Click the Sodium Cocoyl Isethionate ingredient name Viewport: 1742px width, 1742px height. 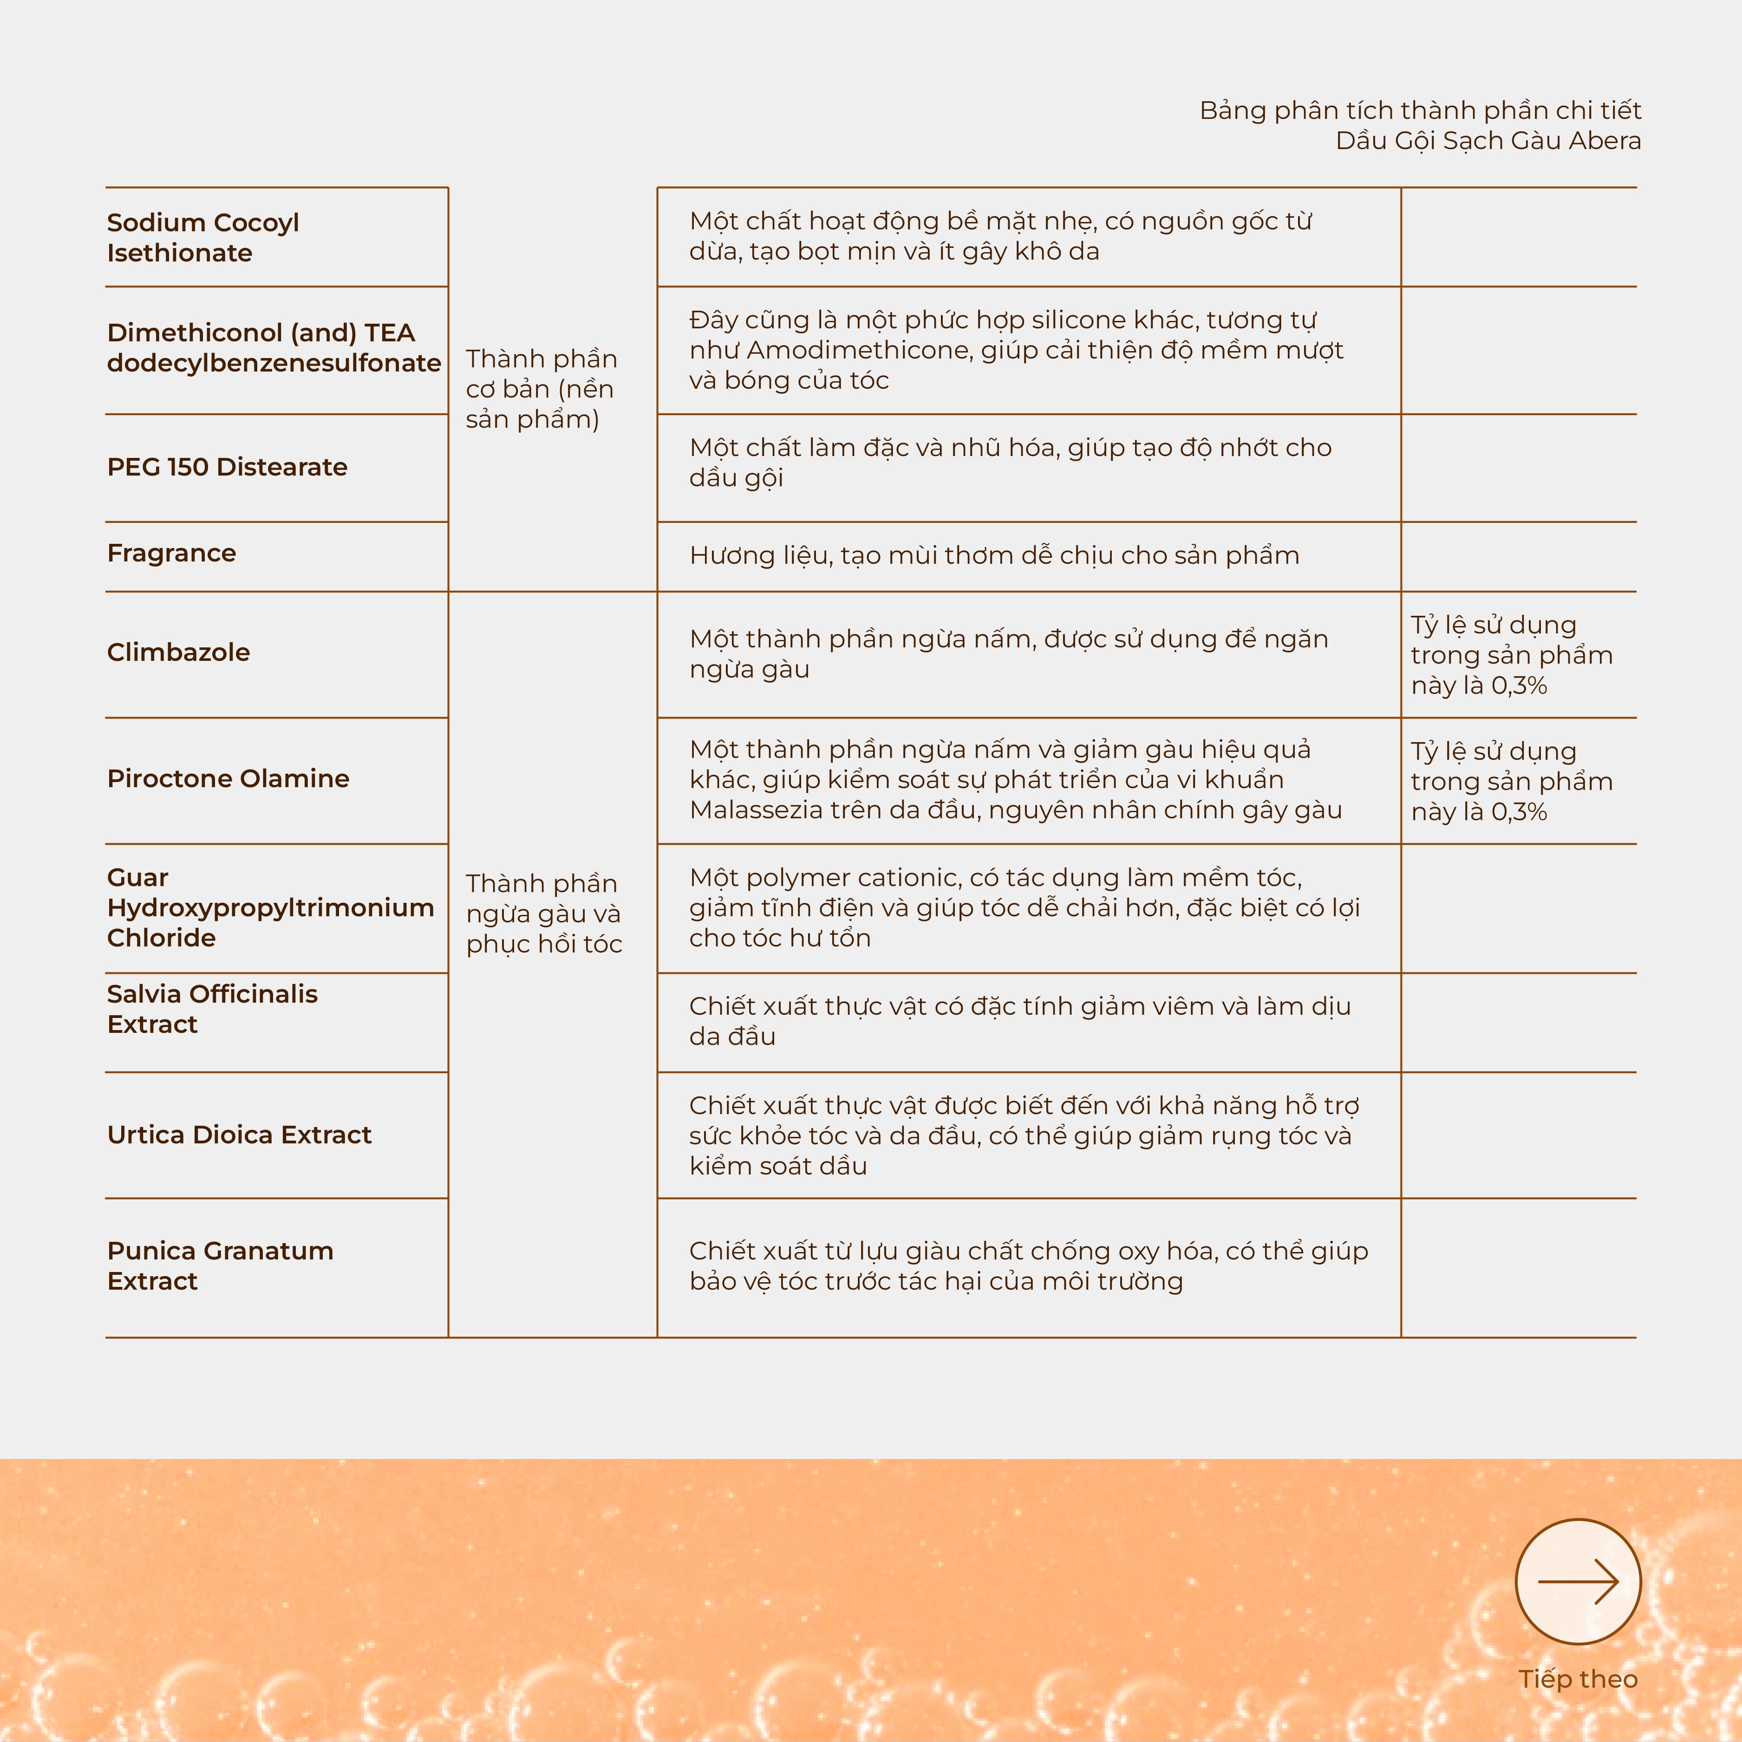click(x=203, y=237)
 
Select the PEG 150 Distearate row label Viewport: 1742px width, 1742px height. click(x=227, y=467)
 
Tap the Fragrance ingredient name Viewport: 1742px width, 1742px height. click(x=171, y=553)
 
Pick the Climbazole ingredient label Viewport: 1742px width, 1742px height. click(x=178, y=652)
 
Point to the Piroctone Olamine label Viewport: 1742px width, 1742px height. click(x=228, y=778)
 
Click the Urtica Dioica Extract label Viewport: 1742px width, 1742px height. click(x=239, y=1134)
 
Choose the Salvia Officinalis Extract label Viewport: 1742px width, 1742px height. click(x=212, y=1009)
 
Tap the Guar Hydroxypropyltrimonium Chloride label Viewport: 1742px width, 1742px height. click(x=270, y=907)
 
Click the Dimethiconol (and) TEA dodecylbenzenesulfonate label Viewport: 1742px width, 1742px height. click(x=273, y=347)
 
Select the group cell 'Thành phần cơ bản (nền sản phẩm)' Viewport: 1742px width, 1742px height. click(x=541, y=389)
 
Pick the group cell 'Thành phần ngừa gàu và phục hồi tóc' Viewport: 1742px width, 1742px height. click(x=544, y=913)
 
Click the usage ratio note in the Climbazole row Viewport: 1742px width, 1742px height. click(x=1511, y=655)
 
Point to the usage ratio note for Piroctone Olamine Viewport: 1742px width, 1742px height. click(x=1511, y=781)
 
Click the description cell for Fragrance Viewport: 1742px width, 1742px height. click(x=994, y=555)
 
